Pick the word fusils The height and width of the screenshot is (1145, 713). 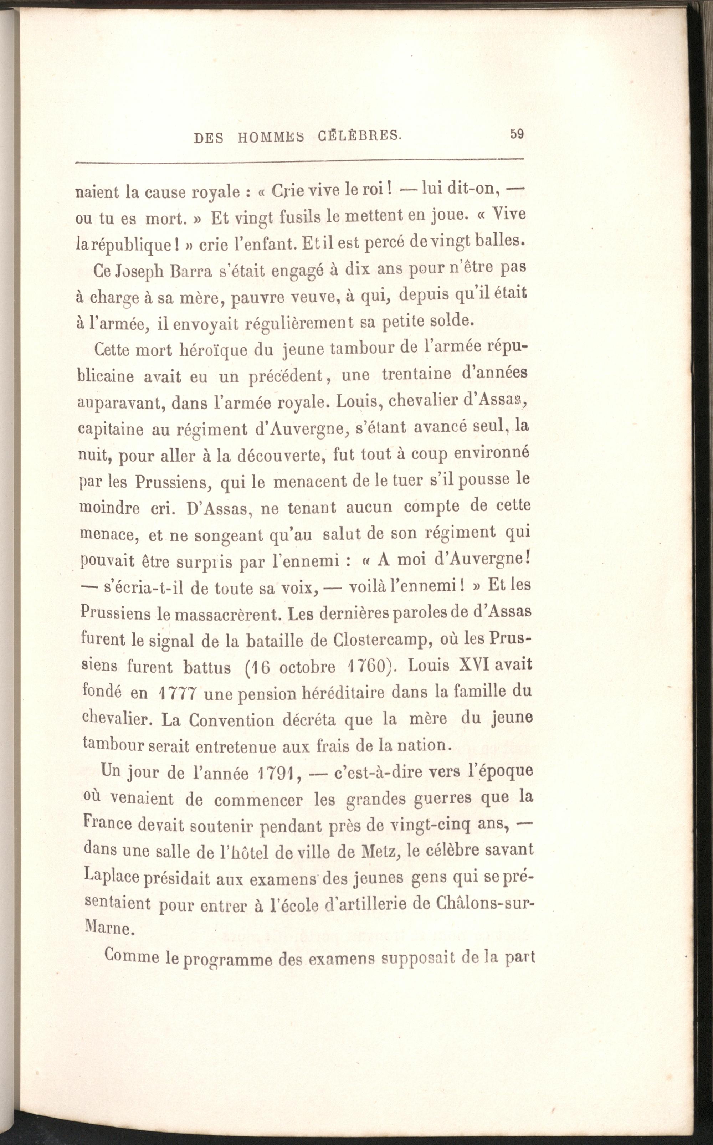293,218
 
